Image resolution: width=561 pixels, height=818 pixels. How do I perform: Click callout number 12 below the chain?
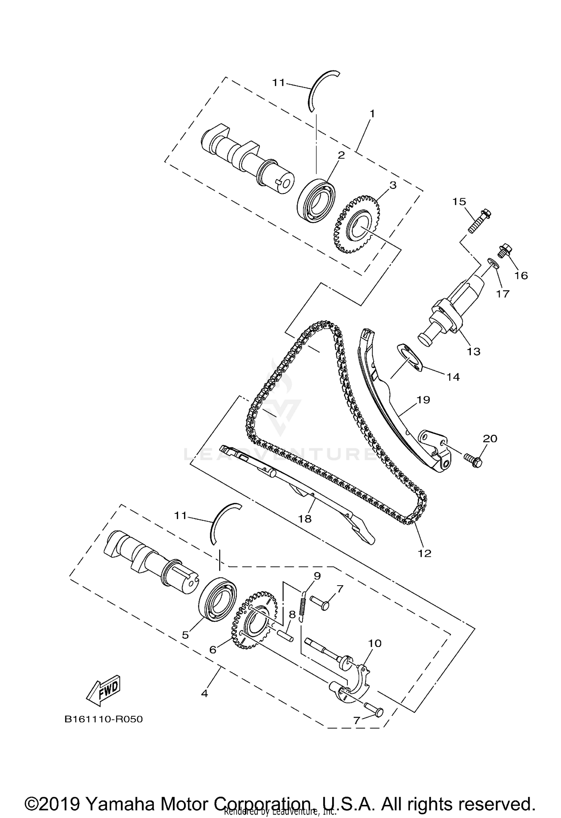point(424,553)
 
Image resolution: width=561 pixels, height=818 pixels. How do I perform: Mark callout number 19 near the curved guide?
point(423,400)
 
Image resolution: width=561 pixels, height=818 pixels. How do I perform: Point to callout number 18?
point(305,519)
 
